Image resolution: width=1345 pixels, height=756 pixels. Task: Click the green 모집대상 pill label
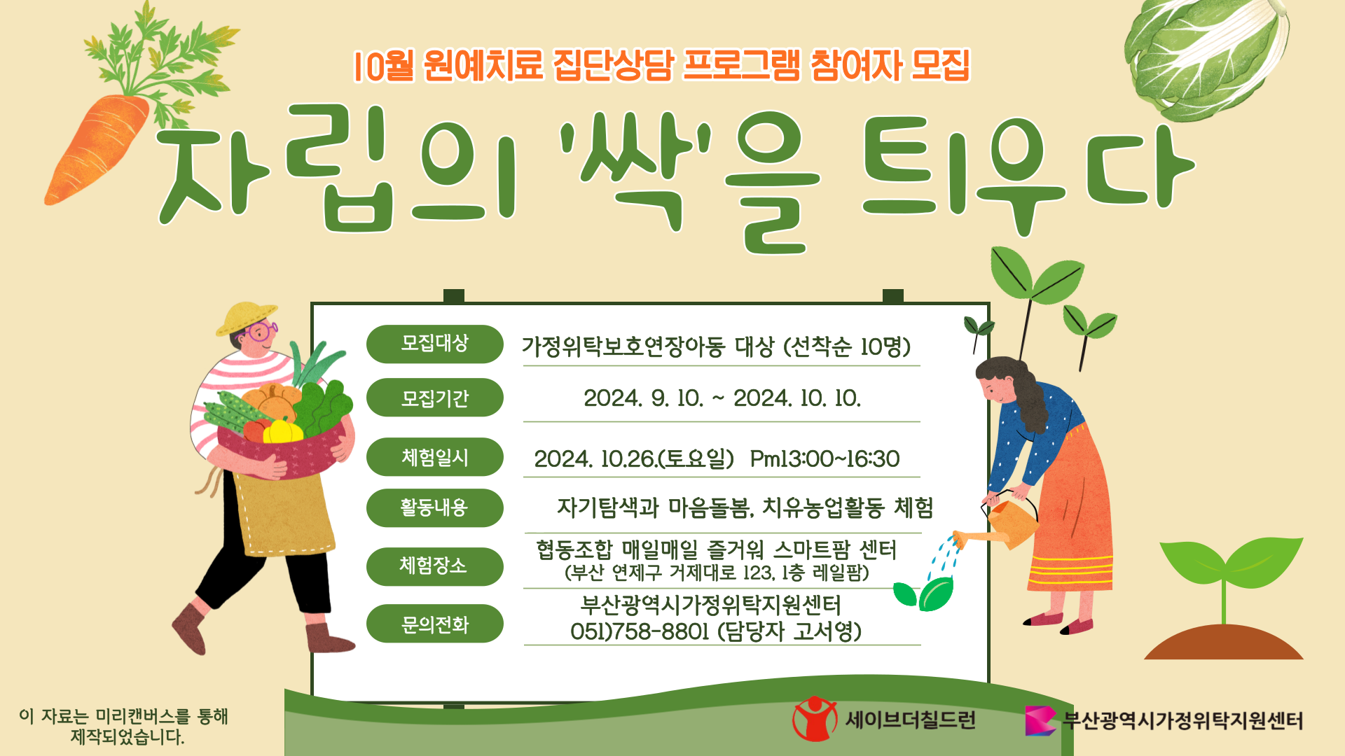434,344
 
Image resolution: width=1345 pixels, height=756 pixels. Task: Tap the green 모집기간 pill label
434,398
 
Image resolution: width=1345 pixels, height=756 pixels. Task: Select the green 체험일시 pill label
434,457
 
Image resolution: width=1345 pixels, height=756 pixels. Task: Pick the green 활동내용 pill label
434,507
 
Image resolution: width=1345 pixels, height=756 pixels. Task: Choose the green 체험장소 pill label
434,566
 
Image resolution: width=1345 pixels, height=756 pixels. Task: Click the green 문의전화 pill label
434,624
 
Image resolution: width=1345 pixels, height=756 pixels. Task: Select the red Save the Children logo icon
814,719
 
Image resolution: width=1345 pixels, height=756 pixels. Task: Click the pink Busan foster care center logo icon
1040,720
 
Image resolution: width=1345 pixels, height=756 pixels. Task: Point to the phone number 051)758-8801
640,631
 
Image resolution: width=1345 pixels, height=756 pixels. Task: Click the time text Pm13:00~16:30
825,459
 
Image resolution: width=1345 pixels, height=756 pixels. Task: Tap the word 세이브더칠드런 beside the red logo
911,720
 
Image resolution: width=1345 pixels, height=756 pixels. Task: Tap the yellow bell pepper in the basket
282,431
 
